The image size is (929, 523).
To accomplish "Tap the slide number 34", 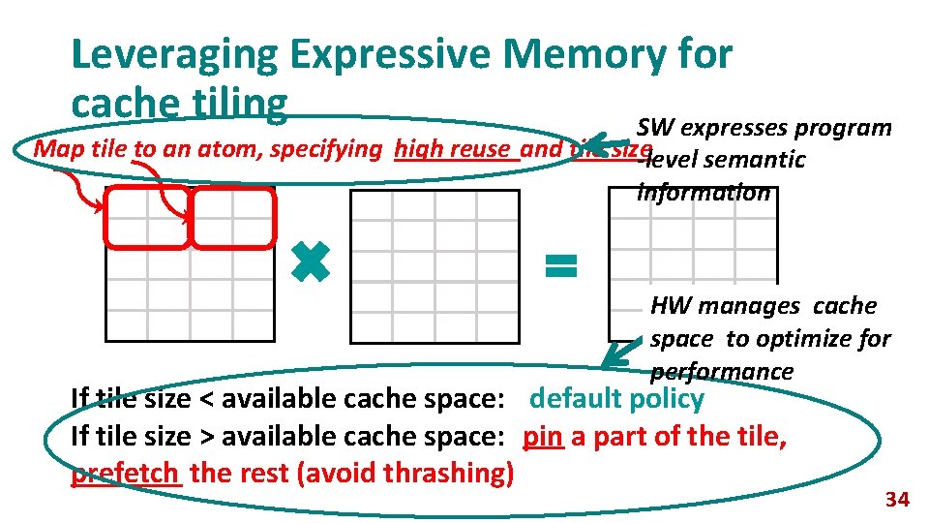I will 897,500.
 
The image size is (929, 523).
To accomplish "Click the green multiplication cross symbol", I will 312,261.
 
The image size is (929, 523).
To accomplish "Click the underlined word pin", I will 543,437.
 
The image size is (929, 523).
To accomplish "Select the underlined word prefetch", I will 125,474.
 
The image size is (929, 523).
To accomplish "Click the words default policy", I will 616,399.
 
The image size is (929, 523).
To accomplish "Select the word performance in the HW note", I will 722,372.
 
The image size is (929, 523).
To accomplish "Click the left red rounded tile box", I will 148,217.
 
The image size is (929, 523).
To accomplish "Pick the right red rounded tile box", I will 233,217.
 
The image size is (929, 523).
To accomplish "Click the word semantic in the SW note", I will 761,160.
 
